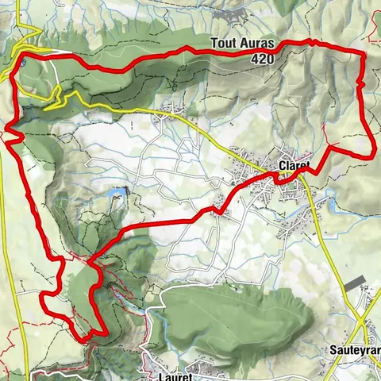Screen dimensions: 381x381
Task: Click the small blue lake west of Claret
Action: pyautogui.click(x=120, y=191)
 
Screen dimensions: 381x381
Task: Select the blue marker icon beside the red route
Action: pyautogui.click(x=25, y=61)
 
